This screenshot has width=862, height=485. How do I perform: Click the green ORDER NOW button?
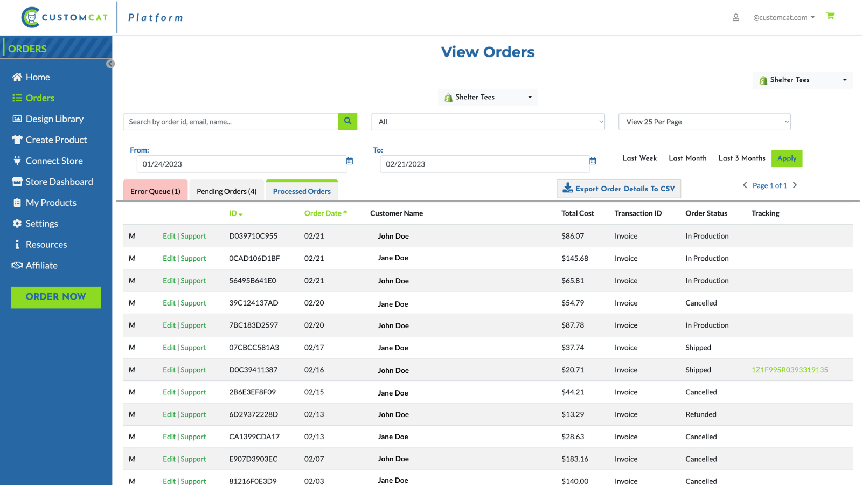56,297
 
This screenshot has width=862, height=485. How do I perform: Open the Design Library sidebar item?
54,119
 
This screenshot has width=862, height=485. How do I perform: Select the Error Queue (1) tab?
155,191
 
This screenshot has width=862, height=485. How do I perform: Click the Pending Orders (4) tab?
226,191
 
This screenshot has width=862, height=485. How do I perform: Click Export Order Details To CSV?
618,189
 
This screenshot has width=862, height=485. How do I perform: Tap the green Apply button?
787,158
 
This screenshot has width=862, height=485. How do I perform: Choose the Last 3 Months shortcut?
741,158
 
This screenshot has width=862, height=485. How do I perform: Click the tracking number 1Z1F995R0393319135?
789,370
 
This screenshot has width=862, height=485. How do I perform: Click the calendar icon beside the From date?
350,161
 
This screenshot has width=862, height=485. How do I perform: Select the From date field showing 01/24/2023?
241,164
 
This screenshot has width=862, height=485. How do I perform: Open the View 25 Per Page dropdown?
704,122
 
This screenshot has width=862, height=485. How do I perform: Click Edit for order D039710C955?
169,236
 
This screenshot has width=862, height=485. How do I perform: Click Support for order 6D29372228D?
193,414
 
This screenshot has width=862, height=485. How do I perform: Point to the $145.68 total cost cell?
574,259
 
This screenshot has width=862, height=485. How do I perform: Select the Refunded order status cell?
700,414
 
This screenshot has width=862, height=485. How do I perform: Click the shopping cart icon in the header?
830,16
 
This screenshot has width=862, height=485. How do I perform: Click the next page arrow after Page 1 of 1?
795,185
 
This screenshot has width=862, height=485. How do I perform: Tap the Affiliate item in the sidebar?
41,266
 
